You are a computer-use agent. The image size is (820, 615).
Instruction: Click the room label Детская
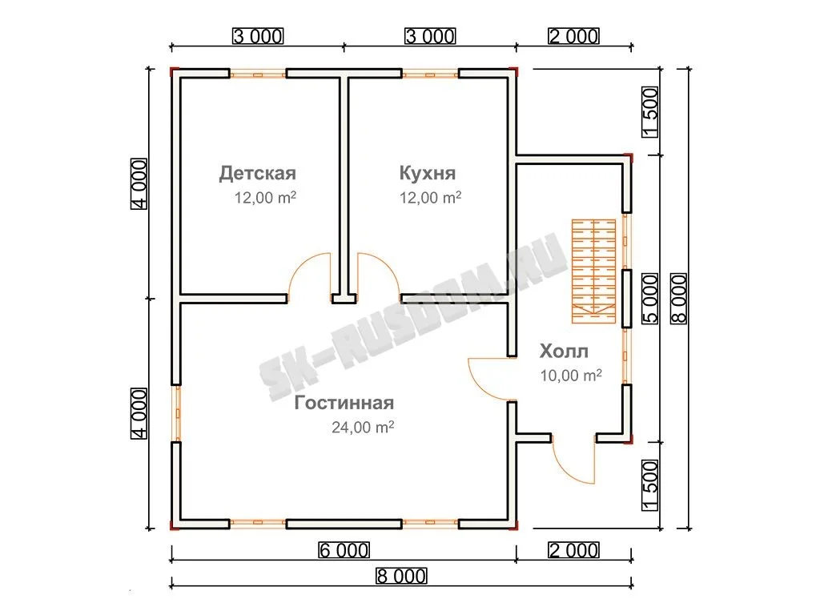257,173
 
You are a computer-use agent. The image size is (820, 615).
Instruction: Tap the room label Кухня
428,173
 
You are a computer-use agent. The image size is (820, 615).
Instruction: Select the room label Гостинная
344,403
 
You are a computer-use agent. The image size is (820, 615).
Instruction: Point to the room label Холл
564,351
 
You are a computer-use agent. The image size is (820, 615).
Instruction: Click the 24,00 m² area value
363,428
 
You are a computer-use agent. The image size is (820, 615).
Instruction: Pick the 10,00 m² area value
570,375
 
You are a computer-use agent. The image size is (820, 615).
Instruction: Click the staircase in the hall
593,271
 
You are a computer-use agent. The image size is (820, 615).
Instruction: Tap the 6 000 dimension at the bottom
344,550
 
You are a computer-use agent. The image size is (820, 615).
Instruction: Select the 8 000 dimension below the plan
401,577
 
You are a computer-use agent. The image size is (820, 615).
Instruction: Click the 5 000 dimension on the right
649,299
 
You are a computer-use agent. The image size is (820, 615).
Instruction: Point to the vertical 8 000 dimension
678,299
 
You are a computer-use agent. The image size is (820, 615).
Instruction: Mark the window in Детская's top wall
258,74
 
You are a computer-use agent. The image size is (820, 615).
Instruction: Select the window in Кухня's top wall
430,74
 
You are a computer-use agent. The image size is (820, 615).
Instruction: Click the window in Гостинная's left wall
177,414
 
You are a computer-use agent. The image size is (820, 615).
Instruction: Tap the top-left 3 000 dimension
258,36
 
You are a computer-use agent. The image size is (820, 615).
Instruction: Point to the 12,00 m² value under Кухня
430,197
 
